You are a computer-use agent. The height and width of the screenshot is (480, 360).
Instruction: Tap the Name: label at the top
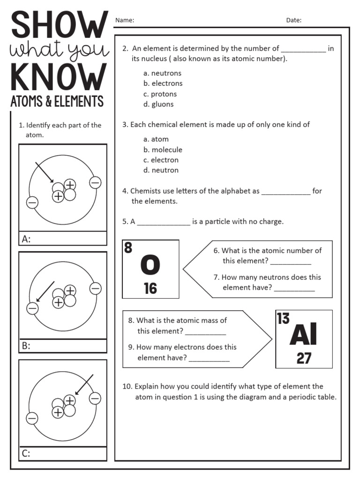[125, 20]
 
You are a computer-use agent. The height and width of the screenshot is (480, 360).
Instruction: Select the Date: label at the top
[294, 20]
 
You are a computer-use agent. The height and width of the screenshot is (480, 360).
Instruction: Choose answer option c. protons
[160, 94]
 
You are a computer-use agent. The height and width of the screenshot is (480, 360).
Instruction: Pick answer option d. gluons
[158, 104]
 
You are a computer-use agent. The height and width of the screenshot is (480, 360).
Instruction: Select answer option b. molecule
[163, 150]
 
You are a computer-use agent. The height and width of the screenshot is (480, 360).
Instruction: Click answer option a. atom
[156, 139]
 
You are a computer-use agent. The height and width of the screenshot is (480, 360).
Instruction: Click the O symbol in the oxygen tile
[150, 266]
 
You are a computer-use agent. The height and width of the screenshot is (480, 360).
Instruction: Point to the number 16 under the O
[150, 288]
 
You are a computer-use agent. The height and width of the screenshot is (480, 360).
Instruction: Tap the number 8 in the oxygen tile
[128, 248]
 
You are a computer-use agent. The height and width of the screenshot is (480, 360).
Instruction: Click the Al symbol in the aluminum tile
[303, 335]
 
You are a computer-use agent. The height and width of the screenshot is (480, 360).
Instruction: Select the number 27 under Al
[304, 359]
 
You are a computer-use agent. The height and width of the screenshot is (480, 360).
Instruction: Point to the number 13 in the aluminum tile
[283, 319]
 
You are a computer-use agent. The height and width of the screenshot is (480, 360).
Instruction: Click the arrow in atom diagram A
[45, 172]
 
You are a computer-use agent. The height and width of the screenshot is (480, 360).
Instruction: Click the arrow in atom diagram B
[45, 291]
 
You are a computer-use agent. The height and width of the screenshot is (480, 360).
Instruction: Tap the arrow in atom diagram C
[84, 384]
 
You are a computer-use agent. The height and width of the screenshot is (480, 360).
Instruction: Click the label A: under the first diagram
[26, 239]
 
